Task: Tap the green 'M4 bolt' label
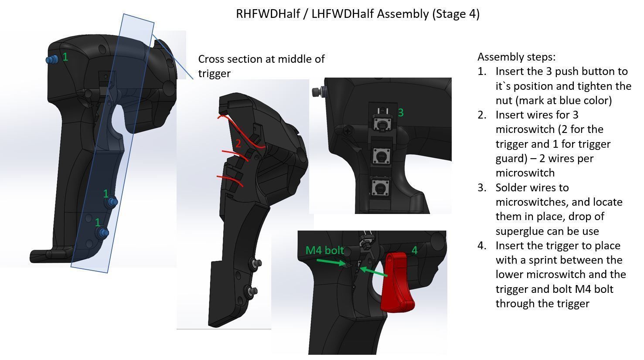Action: tap(324, 251)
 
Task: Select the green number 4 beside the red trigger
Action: tap(414, 250)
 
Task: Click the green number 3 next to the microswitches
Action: tap(400, 113)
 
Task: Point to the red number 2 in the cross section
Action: tap(238, 144)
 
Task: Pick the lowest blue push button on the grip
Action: tap(103, 233)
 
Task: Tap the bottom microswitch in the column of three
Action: tap(379, 189)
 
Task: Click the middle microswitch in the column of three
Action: tap(380, 156)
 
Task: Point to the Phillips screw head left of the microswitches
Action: tap(348, 130)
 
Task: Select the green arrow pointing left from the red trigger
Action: tap(374, 272)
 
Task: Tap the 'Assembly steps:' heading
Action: tap(516, 57)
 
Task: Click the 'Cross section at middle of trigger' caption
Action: tap(261, 66)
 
